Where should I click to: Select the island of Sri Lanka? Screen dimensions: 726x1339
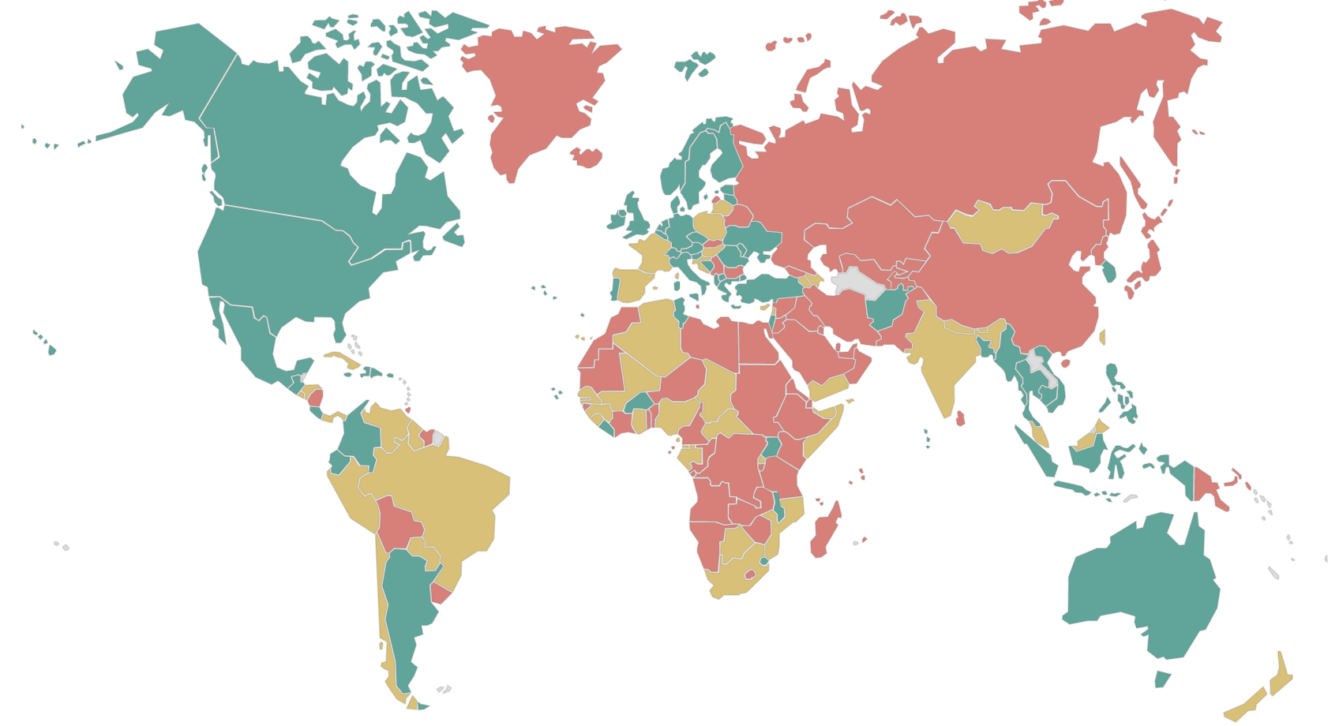coord(960,418)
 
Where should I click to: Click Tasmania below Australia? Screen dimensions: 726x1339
coord(1161,679)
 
